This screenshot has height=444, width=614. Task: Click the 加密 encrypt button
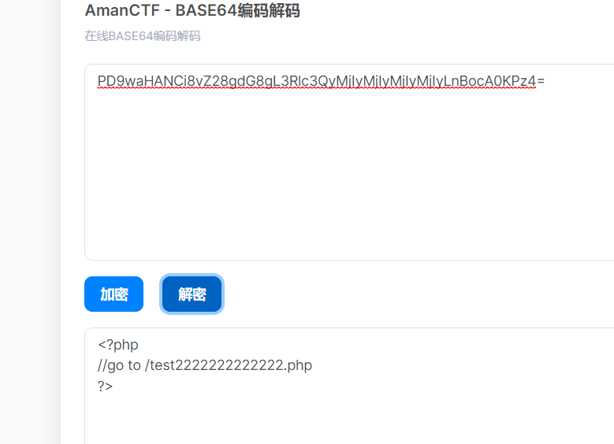pyautogui.click(x=113, y=294)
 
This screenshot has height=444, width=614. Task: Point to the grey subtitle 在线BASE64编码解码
pyautogui.click(x=142, y=36)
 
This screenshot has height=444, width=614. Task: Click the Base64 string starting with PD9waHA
pyautogui.click(x=315, y=81)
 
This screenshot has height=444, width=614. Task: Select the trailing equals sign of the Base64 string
pyautogui.click(x=541, y=81)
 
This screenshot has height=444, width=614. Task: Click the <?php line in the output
pyautogui.click(x=118, y=345)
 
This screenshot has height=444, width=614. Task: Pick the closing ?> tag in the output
pyautogui.click(x=106, y=386)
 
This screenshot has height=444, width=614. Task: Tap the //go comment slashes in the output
pyautogui.click(x=102, y=365)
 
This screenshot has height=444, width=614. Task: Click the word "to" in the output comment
pyautogui.click(x=134, y=365)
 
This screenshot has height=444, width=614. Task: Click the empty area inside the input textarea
pyautogui.click(x=347, y=181)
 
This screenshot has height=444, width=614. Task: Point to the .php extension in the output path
pyautogui.click(x=299, y=365)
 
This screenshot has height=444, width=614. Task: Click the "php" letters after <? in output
pyautogui.click(x=126, y=345)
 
